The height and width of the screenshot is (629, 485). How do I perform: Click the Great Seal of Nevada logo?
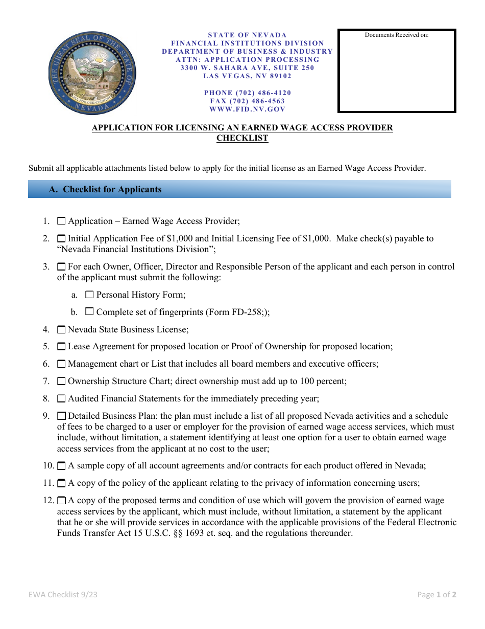coord(93,72)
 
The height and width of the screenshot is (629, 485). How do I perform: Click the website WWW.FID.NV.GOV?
coord(248,109)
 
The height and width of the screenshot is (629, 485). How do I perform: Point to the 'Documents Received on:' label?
coord(397,35)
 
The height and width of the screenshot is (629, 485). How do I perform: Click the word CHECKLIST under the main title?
coord(243,138)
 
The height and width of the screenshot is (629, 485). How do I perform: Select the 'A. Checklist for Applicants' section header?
coord(105,189)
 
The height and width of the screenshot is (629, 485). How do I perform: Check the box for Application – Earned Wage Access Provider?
coord(61,221)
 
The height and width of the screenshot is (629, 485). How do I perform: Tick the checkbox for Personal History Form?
coord(90,295)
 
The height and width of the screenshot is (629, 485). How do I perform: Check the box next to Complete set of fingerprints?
coord(90,311)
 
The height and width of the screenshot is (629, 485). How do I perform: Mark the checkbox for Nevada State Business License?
coord(61,330)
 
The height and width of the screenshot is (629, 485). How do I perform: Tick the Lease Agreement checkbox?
coord(61,347)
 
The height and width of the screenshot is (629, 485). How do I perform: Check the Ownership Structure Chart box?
coord(61,381)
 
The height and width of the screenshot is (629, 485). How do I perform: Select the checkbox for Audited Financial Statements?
coord(61,398)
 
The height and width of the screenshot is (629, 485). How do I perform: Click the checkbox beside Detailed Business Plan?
coord(61,416)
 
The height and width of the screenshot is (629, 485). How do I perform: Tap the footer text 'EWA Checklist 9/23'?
coord(62,594)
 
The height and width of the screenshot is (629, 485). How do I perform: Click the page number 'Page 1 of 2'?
coord(436,594)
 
